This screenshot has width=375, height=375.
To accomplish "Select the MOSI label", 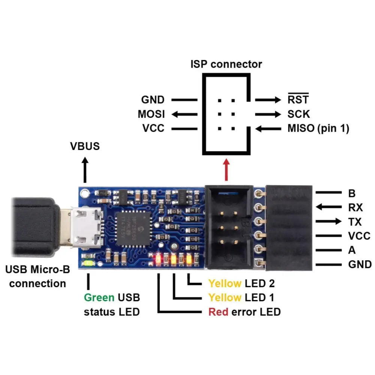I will [x=151, y=114].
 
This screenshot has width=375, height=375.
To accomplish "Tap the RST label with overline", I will [x=298, y=100].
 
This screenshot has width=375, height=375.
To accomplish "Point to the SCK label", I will [x=298, y=114].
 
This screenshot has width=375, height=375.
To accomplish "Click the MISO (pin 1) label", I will [x=318, y=129].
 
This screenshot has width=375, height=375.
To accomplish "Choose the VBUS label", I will [x=85, y=146].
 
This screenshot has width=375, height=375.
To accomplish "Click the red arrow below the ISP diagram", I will [x=226, y=171].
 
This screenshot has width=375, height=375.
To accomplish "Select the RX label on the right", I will [x=355, y=207].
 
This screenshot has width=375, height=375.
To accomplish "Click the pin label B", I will [x=352, y=193].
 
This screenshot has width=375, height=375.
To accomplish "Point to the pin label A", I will [x=352, y=250].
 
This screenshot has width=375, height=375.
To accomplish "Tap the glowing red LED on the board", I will [x=159, y=259].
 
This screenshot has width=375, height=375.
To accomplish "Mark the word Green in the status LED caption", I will [x=99, y=298].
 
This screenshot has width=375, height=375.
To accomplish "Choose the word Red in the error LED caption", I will [x=218, y=312].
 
